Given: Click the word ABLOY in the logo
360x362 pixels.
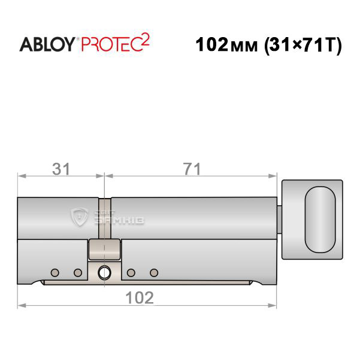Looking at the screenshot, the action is [x=47, y=44].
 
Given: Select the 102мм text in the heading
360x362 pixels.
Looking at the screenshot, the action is [x=226, y=44].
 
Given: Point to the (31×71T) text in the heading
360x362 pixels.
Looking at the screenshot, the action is [x=303, y=45].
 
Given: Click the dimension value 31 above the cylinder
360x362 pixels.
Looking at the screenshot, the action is [x=60, y=169].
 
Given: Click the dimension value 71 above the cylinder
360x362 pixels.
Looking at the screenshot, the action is [x=192, y=169].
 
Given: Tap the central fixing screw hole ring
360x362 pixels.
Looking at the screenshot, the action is [x=104, y=273].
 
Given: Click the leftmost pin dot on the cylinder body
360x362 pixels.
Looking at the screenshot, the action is [x=55, y=273].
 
